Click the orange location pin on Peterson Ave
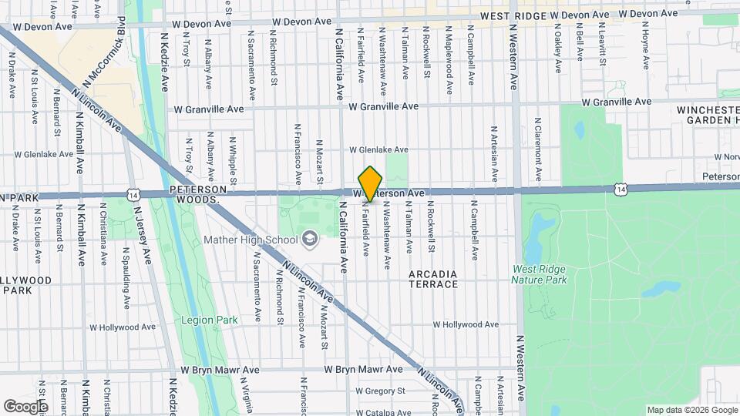(371, 183)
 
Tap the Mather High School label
(251, 240)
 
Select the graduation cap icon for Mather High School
(310, 239)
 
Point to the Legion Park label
(209, 320)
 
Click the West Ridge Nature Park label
(539, 274)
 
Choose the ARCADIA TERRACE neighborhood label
(434, 279)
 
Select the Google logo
(25, 406)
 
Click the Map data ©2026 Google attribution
(691, 410)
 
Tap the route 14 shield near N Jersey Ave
(134, 194)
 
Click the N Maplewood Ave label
(448, 58)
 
